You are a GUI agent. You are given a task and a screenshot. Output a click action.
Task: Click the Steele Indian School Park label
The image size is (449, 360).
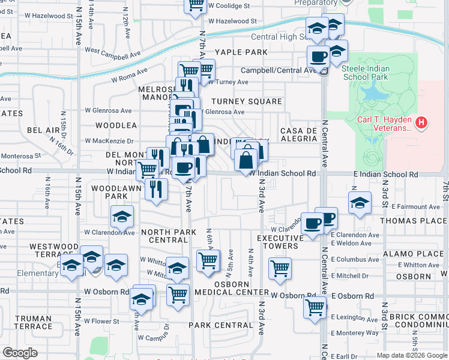366,73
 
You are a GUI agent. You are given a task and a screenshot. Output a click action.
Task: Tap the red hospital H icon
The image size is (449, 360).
423,124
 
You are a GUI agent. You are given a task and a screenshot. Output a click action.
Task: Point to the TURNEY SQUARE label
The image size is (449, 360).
246,101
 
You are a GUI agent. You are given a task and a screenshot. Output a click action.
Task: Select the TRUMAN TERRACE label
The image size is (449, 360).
34,322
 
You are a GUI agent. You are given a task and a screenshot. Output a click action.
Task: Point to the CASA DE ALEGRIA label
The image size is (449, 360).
298,134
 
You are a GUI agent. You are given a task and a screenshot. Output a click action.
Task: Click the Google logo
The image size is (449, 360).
20,352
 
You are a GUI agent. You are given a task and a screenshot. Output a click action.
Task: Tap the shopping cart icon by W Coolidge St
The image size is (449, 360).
195,5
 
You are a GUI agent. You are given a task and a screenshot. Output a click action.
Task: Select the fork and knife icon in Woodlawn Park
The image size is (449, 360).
156,189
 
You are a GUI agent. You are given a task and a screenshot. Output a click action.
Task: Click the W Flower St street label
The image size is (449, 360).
102,321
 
